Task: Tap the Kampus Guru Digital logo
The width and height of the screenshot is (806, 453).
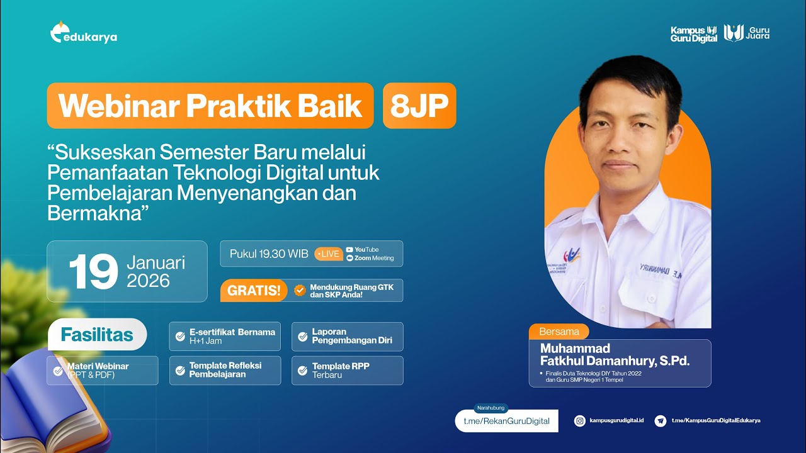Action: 694,34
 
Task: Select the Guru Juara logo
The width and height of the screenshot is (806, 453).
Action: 747,33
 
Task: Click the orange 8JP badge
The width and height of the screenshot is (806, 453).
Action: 419,106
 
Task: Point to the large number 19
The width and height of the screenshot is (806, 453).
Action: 93,272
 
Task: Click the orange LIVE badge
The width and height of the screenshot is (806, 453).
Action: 329,254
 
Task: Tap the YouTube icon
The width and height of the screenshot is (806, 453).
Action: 349,250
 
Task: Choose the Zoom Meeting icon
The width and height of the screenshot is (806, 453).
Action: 349,258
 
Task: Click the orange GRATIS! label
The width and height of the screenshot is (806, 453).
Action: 254,291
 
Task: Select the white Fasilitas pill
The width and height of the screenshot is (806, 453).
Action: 97,335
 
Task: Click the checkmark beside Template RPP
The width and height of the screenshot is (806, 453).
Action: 302,371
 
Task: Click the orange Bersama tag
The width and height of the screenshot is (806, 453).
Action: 559,332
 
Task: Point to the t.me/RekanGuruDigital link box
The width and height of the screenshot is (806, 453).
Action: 506,421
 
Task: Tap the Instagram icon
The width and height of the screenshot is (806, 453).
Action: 580,421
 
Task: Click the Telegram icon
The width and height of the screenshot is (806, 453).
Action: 661,421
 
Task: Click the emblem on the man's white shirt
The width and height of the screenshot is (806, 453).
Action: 571,255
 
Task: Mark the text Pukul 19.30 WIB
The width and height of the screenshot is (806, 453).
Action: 269,254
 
